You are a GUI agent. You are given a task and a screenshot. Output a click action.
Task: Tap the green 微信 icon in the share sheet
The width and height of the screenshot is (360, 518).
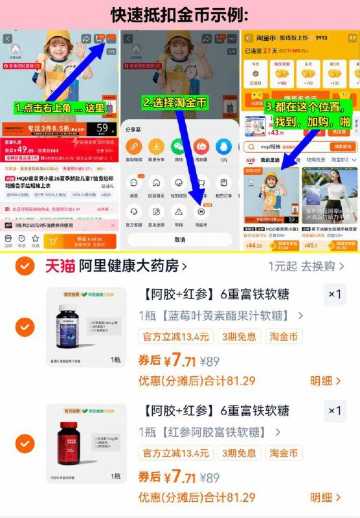click(x=179, y=146)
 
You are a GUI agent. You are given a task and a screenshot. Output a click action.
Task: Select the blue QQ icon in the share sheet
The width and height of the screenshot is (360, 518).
click(x=223, y=146)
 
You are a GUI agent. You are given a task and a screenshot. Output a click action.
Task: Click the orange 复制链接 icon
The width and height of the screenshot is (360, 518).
click(x=134, y=146)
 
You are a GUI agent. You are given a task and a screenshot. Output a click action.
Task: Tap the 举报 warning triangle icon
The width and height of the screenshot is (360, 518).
click(x=179, y=211)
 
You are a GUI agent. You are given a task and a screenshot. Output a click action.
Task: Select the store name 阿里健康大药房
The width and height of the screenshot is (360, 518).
click(x=133, y=265)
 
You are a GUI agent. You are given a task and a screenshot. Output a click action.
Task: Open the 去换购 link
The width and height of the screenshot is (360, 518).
click(x=317, y=266)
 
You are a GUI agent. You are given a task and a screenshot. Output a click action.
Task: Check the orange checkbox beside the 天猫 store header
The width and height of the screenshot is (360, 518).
click(x=25, y=265)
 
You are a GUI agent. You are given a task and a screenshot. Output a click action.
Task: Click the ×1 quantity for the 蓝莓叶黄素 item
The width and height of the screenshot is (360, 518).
click(x=334, y=295)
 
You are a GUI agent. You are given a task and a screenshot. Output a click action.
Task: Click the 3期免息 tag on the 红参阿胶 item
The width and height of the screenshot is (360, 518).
click(x=238, y=453)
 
